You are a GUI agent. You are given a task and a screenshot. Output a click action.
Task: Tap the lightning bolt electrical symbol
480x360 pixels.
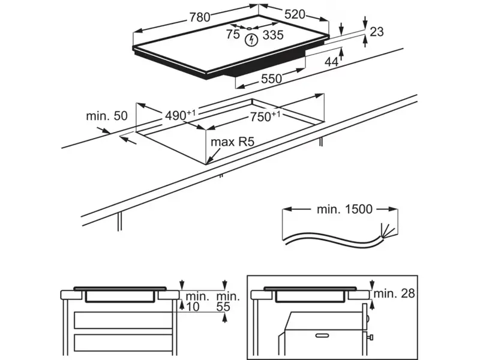252,39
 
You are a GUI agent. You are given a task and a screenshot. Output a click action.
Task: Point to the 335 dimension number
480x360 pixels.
272,35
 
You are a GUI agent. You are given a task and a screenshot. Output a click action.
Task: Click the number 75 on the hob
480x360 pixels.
233,35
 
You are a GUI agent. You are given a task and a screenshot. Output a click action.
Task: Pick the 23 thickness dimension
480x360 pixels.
376,32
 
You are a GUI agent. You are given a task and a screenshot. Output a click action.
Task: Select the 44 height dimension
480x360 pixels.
332,61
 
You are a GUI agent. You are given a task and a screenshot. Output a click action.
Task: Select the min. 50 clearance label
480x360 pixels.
107,115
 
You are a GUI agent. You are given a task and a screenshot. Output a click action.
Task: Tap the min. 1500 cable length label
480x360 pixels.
344,209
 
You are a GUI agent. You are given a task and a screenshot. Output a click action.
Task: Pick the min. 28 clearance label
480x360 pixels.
394,294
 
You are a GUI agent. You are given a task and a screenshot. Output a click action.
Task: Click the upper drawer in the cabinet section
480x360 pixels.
123,319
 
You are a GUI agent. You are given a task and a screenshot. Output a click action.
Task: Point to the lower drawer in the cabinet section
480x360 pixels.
123,344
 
